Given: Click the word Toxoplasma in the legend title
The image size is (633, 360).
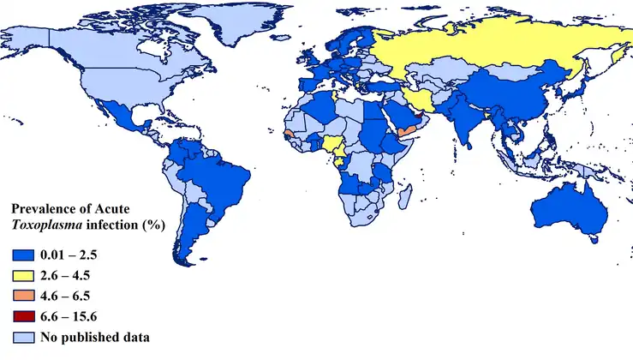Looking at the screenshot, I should pos(42,226).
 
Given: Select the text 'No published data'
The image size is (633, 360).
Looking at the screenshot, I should pos(95,336).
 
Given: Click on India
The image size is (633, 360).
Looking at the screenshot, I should pos(463,120).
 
